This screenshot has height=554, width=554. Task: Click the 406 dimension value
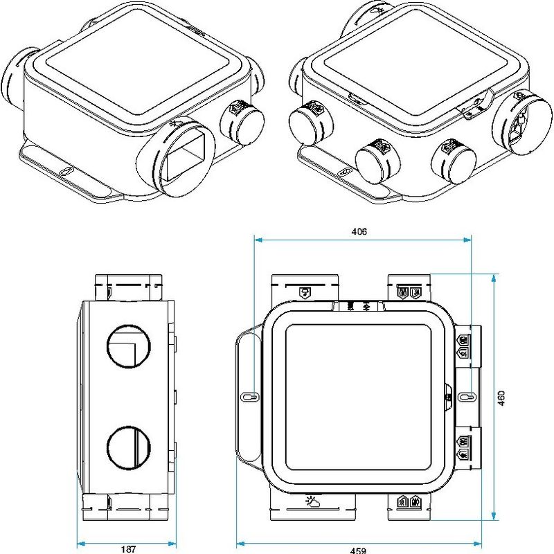[x=359, y=231]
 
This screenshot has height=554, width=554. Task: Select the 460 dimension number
[x=501, y=398]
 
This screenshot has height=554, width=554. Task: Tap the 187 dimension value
[x=128, y=548]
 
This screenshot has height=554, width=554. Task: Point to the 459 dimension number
[x=358, y=550]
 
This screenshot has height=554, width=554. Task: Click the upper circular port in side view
[x=129, y=347]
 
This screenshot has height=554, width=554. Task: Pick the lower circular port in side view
[x=129, y=447]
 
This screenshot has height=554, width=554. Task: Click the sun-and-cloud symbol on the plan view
[x=313, y=501]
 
